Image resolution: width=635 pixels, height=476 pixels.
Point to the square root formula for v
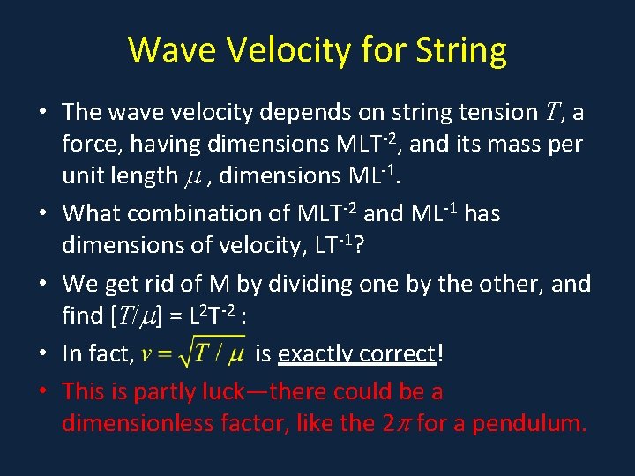(194, 353)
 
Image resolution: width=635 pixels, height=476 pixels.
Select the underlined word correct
(405, 354)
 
